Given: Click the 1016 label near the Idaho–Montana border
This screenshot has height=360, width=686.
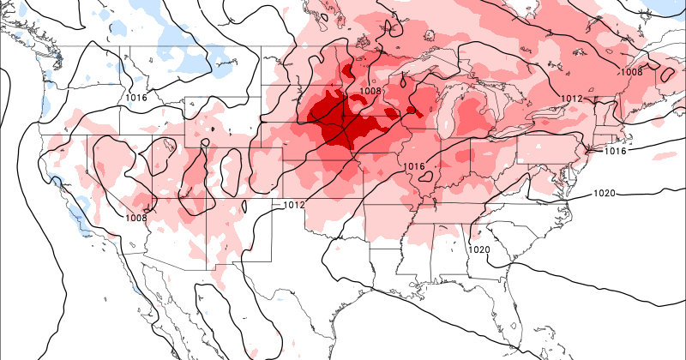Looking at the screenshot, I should [136, 98].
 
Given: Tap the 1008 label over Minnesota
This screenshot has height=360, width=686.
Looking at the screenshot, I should [370, 91].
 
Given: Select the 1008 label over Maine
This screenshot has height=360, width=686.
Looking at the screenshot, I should [631, 72].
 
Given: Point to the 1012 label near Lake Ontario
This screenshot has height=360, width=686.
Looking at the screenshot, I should [573, 99].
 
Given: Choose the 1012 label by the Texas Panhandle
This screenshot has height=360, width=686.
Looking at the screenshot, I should [294, 205].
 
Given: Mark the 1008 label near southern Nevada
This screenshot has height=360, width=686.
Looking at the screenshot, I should [135, 217].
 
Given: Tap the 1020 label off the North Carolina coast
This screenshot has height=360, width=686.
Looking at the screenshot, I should [604, 194].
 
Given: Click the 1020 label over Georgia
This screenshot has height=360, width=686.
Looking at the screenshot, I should [479, 249].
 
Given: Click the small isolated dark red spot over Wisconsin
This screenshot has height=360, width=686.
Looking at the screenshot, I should [411, 111].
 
